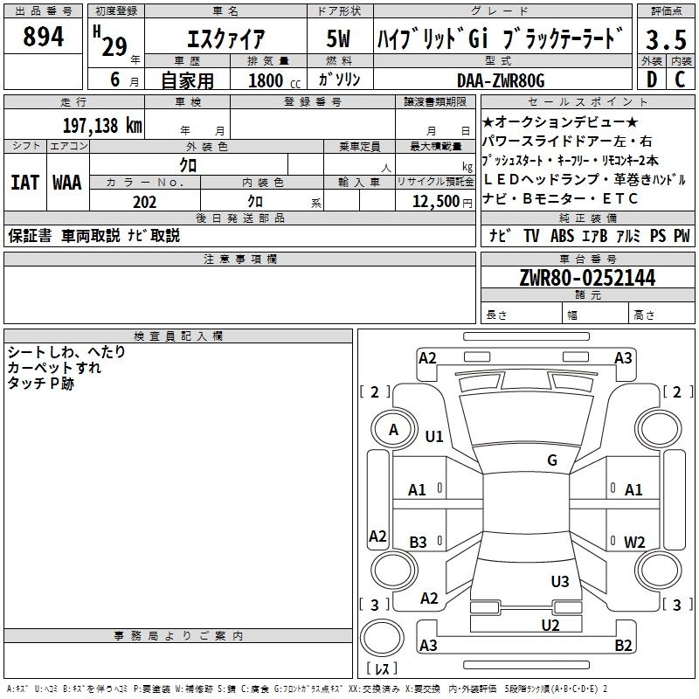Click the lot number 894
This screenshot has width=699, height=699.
(44, 38)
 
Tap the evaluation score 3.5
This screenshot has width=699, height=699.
(665, 39)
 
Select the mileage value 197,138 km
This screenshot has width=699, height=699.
(102, 126)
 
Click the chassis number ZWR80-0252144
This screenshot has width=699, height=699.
(587, 278)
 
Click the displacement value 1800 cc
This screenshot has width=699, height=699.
(266, 81)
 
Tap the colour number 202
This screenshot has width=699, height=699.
(144, 202)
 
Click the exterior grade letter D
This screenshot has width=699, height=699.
(650, 80)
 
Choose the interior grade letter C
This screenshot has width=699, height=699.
(680, 80)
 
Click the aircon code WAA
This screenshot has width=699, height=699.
(66, 183)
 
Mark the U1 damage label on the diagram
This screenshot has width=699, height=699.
(434, 437)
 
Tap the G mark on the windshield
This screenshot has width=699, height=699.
(551, 460)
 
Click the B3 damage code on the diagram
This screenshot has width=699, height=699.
(418, 543)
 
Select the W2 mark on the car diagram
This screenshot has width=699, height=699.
(634, 542)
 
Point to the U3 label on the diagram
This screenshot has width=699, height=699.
(560, 581)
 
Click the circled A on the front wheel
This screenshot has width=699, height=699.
(393, 430)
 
